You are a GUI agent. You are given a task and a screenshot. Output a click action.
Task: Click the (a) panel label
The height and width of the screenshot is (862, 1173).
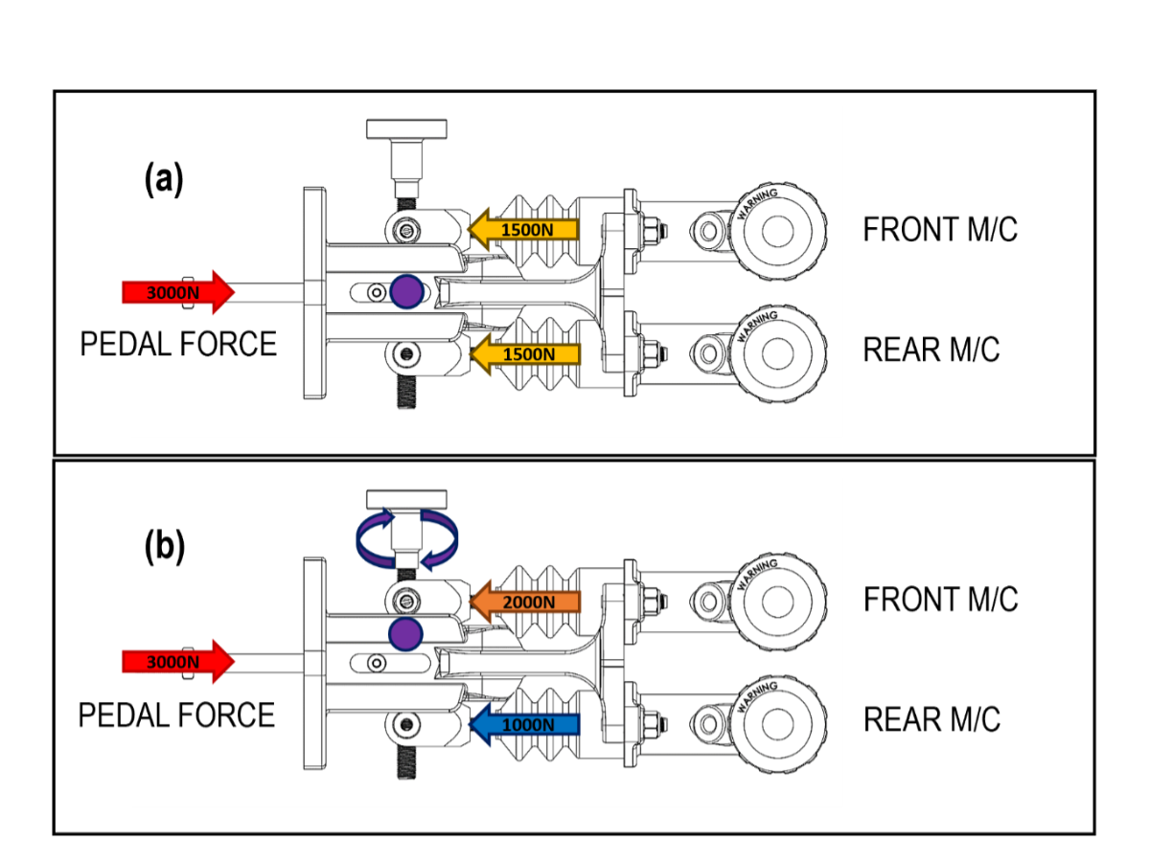coord(163,179)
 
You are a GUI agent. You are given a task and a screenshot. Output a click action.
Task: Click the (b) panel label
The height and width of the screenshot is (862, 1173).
coord(164,547)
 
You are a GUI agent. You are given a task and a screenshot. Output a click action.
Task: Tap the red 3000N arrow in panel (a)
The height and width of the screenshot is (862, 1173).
coord(178,291)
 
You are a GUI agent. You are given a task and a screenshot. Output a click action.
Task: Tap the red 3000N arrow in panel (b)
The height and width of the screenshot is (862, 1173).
coord(178,661)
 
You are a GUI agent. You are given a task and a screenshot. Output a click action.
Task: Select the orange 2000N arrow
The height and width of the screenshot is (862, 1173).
coord(525,601)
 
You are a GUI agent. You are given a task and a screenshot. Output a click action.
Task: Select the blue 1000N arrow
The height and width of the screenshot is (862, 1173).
coord(525,724)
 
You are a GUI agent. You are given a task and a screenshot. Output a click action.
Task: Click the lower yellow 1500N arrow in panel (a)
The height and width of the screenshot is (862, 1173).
coord(525,353)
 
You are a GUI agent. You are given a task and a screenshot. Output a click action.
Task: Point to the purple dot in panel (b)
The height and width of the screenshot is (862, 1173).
coord(406,633)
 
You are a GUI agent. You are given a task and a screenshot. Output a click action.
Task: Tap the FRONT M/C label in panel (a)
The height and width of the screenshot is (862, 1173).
coord(939,230)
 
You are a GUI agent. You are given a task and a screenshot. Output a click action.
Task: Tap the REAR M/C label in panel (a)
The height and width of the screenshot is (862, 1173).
coord(931,351)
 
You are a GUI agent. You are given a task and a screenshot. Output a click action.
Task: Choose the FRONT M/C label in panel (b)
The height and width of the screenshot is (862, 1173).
coord(939,600)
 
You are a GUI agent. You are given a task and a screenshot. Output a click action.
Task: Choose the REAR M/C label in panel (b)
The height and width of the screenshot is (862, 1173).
coord(931,719)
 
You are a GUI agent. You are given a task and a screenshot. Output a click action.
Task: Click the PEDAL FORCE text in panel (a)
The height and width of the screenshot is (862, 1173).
coord(178,344)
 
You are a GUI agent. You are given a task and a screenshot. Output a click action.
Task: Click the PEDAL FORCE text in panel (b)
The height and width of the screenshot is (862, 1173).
coord(176,715)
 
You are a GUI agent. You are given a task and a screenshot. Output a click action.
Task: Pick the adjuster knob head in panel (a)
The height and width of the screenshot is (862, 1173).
coord(406,128)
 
